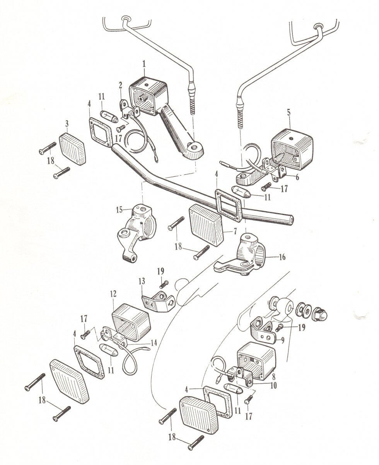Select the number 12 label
[x=113, y=294]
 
